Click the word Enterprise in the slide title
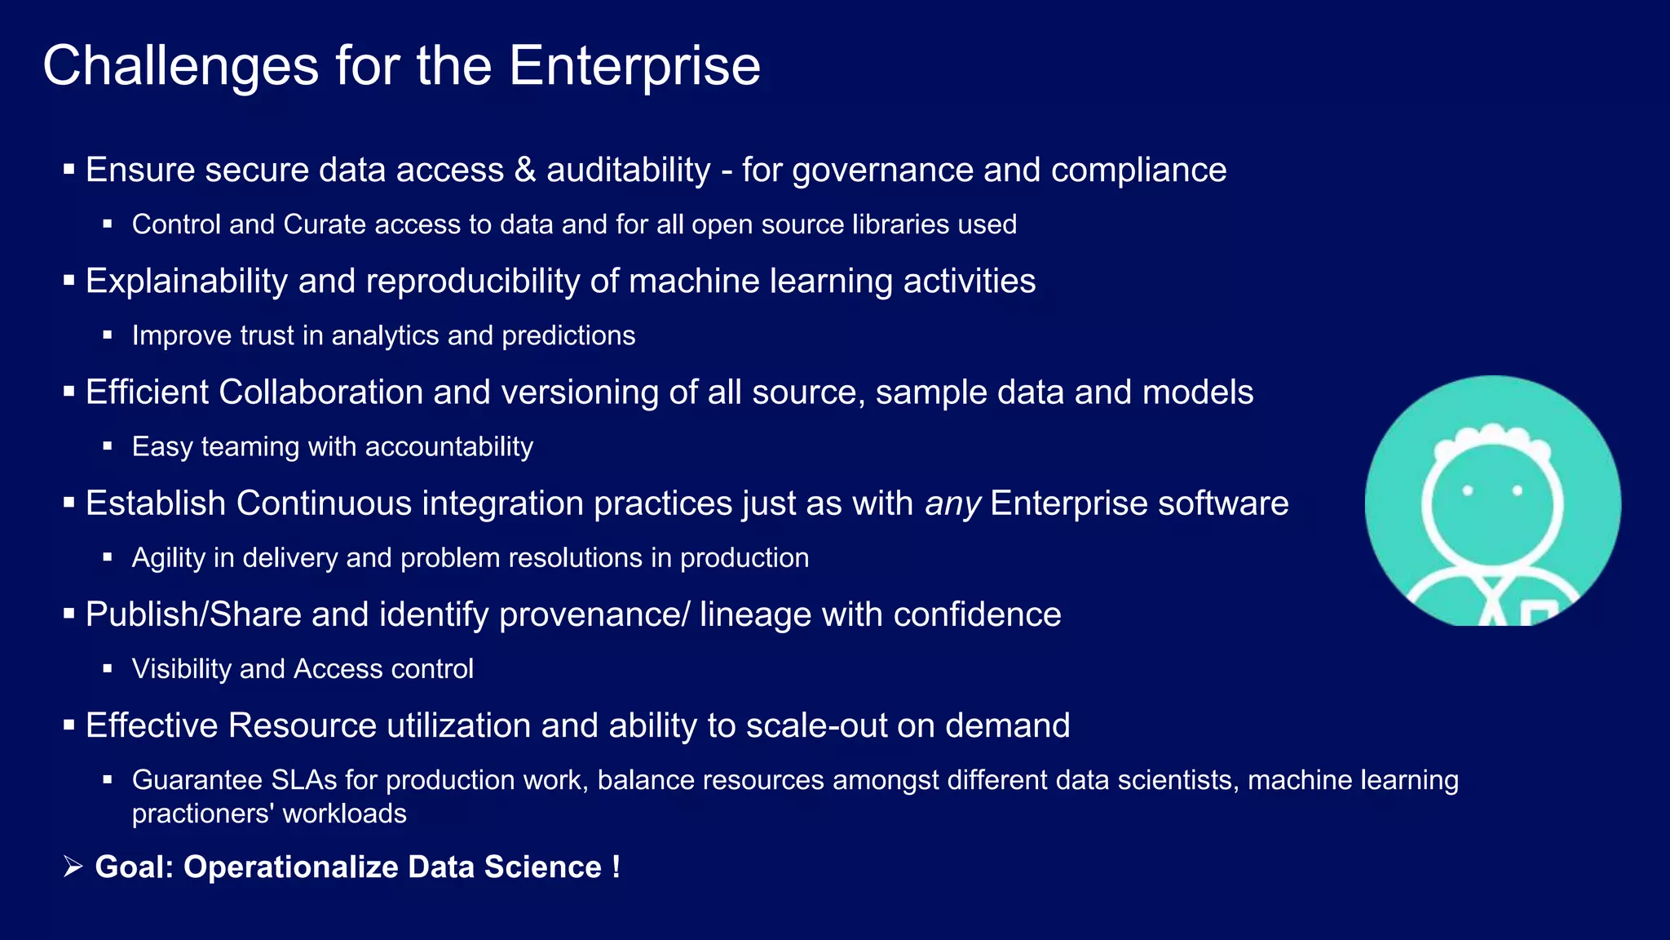634,66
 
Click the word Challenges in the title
180,66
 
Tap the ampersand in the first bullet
525,170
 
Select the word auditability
628,170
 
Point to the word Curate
324,224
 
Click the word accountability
449,447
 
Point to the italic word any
952,504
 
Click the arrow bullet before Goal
73,867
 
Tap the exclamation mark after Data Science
616,867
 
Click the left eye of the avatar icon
1467,490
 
